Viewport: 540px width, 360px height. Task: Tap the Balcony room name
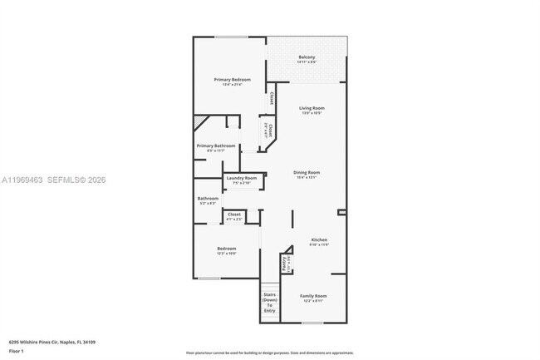click(x=307, y=57)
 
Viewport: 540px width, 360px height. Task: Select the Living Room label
click(x=312, y=108)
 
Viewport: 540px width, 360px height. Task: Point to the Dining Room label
click(x=307, y=172)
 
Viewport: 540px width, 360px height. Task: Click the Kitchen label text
click(x=319, y=239)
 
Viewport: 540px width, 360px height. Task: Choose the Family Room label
click(x=313, y=296)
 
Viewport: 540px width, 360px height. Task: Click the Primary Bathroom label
click(x=216, y=145)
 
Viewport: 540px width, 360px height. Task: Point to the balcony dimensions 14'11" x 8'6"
click(x=307, y=62)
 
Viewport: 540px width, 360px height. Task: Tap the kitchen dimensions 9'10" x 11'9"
click(x=319, y=244)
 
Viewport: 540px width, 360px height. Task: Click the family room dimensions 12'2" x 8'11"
click(x=313, y=301)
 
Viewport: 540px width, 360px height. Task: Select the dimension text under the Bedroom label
click(x=227, y=254)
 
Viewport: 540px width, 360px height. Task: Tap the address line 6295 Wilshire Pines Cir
click(x=52, y=342)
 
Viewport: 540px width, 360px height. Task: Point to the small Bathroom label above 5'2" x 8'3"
click(x=208, y=198)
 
